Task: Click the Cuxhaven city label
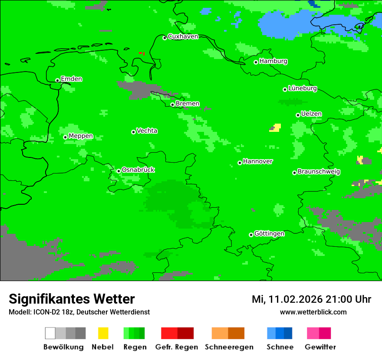pyautogui.click(x=183, y=36)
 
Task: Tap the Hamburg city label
pyautogui.click(x=273, y=61)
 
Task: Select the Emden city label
pyautogui.click(x=71, y=79)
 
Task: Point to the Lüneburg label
pyautogui.click(x=302, y=88)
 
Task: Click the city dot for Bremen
pyautogui.click(x=172, y=105)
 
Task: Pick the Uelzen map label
pyautogui.click(x=311, y=114)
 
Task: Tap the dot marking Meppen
pyautogui.click(x=65, y=137)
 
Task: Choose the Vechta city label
pyautogui.click(x=147, y=131)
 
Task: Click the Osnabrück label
pyautogui.click(x=138, y=170)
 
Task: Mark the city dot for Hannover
pyautogui.click(x=240, y=163)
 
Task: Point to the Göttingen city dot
pyautogui.click(x=251, y=235)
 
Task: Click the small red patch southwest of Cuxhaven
pyautogui.click(x=142, y=53)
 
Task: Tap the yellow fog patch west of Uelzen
pyautogui.click(x=276, y=128)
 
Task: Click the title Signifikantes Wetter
pyautogui.click(x=72, y=299)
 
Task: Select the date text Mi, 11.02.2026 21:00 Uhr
pyautogui.click(x=311, y=299)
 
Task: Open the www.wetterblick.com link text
pyautogui.click(x=313, y=312)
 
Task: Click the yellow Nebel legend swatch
pyautogui.click(x=103, y=333)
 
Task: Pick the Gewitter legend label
pyautogui.click(x=320, y=347)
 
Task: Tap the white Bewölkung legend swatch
pyautogui.click(x=50, y=333)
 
